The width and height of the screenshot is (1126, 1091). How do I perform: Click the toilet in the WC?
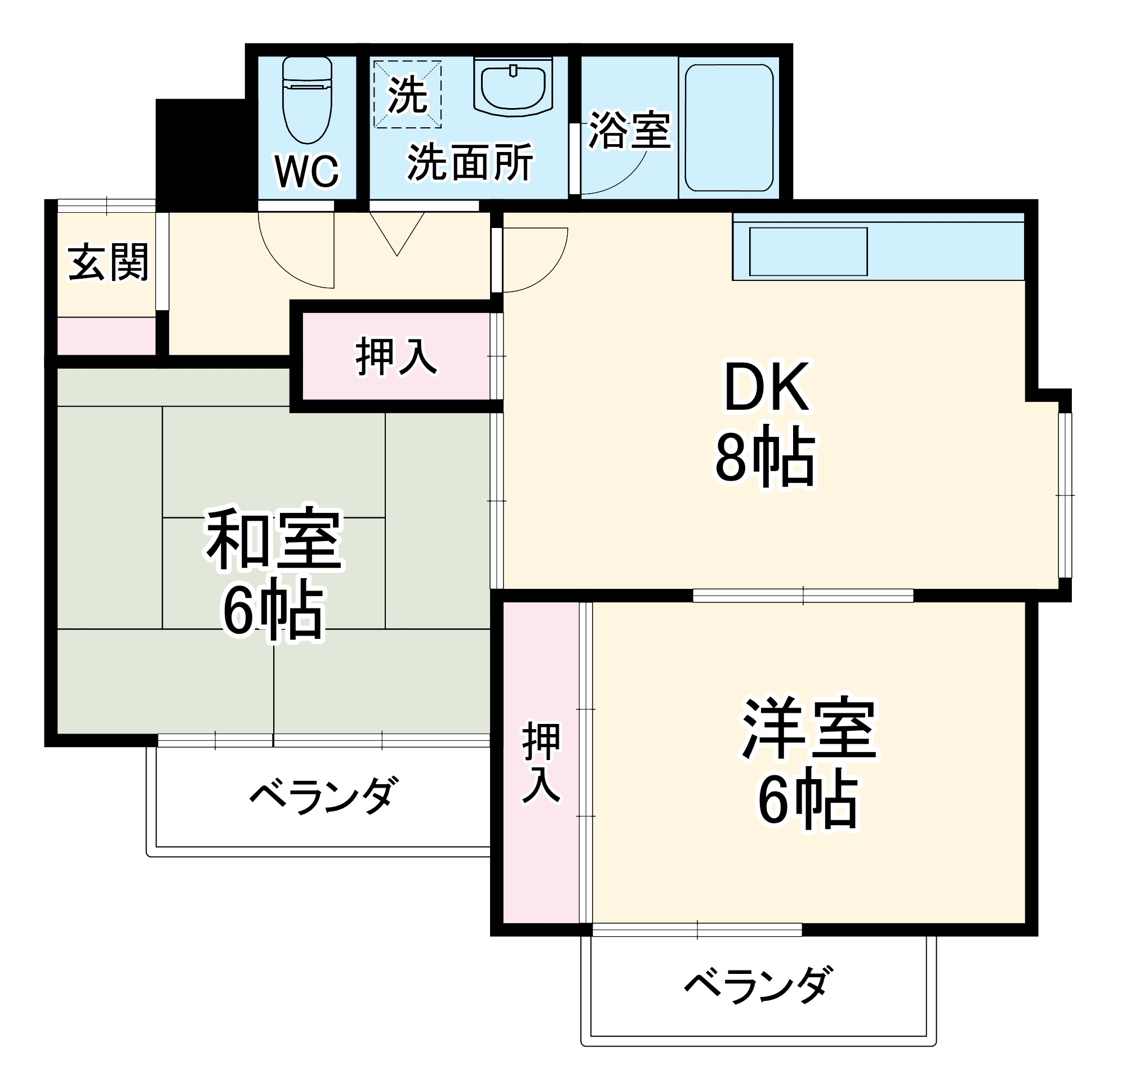pos(308,100)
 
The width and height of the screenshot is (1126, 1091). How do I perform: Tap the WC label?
pos(308,171)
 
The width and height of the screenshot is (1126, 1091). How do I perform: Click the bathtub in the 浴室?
pos(729,127)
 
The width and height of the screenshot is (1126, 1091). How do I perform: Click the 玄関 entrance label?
pos(108,263)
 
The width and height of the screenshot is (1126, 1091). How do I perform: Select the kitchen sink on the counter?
pos(808,252)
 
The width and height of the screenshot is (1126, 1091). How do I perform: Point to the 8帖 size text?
pos(765,458)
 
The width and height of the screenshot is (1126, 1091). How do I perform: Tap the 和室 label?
pos(275,539)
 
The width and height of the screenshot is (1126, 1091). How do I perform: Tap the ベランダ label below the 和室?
pos(323,796)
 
